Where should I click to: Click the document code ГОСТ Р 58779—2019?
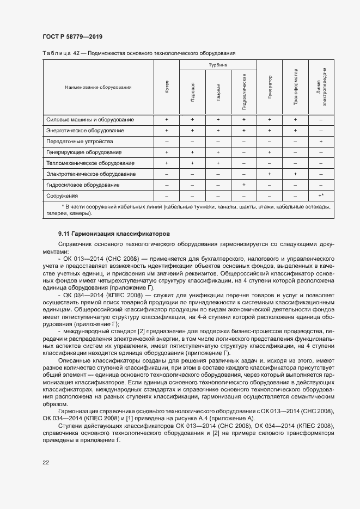pyautogui.click(x=72, y=36)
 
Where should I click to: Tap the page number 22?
pyautogui.click(x=46, y=462)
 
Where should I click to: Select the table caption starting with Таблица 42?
pyautogui.click(x=138, y=53)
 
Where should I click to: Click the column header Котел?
pyautogui.click(x=167, y=87)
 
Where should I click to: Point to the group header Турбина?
pyautogui.click(x=218, y=65)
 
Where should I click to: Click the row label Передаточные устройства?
pyautogui.click(x=76, y=142)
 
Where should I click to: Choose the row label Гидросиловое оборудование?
pyautogui.click(x=83, y=185)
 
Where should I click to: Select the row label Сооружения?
pyautogui.click(x=62, y=196)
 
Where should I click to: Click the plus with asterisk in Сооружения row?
pyautogui.click(x=321, y=196)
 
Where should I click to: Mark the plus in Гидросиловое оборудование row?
pyautogui.click(x=244, y=185)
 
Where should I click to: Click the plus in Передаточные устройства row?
pyautogui.click(x=321, y=142)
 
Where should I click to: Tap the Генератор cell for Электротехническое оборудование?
pyautogui.click(x=270, y=174)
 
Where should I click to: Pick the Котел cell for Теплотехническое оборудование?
pyautogui.click(x=167, y=163)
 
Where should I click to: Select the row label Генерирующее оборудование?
pyautogui.click(x=83, y=152)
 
